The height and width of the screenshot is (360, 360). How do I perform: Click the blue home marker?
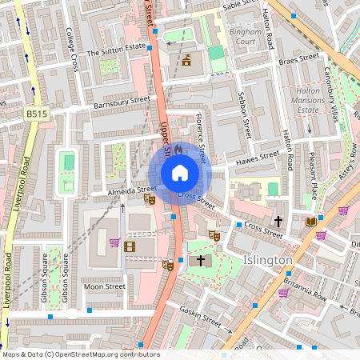click(x=180, y=173)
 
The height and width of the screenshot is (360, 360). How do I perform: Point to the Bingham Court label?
click(x=241, y=35)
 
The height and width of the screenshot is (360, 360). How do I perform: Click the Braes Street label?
click(x=298, y=58)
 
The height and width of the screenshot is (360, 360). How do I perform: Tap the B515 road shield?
click(x=35, y=114)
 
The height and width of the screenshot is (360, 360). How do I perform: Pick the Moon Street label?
click(x=105, y=286)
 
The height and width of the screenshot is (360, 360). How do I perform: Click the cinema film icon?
click(x=130, y=246)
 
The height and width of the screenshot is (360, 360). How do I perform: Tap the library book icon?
click(x=310, y=222)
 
